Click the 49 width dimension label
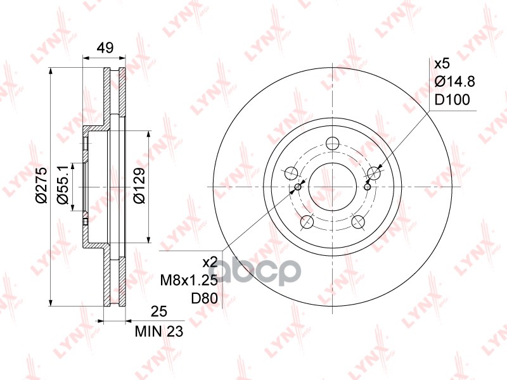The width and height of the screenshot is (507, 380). pos(105,48)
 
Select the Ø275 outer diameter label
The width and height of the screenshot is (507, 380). pos(42,185)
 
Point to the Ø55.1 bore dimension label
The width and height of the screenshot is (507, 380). pos(62,185)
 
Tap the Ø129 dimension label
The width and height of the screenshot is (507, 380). pos(139,185)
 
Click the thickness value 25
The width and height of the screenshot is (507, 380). pos(159,311)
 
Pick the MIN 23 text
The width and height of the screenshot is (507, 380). pos(159,331)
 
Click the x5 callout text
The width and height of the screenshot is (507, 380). pos(442,64)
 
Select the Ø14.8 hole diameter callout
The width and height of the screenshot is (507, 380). pos(454,82)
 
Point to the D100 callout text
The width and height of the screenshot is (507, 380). pos(452,100)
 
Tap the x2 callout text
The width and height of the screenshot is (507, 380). pos(210,262)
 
